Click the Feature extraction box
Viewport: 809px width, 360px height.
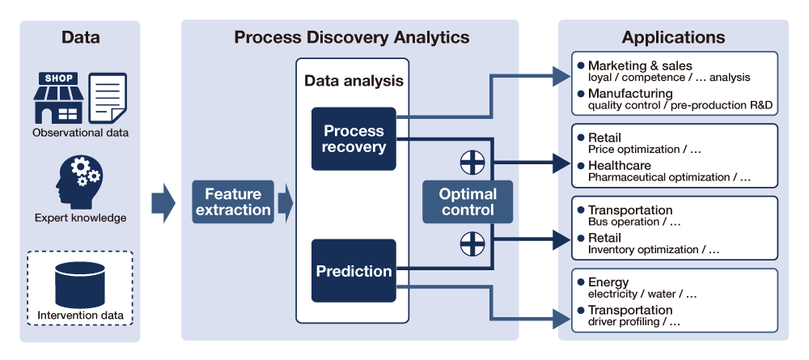233,202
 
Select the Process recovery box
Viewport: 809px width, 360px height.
354,139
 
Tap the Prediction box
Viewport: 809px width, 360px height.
354,271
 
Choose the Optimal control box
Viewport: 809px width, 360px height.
468,202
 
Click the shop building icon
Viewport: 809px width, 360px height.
58,98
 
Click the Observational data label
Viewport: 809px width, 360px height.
80,133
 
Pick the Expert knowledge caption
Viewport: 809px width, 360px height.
80,218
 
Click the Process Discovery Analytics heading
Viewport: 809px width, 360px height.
351,37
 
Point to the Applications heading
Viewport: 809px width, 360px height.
673,37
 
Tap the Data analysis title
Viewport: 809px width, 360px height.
354,81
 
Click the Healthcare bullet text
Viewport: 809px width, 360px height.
619,165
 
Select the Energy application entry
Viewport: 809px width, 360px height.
608,282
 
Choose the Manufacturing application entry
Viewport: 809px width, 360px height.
630,93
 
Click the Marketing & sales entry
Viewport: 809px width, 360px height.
640,66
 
